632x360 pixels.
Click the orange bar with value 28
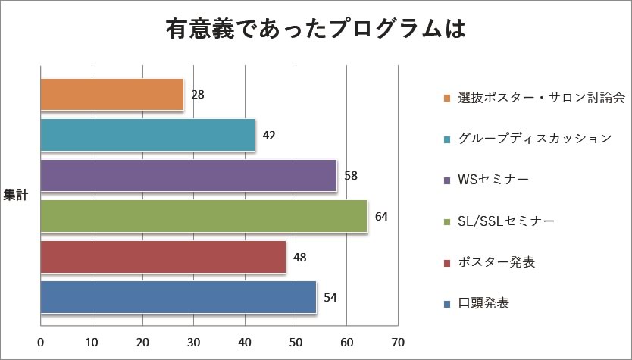[x=111, y=95]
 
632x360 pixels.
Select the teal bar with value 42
[x=147, y=136]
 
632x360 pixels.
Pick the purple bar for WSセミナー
[x=188, y=176]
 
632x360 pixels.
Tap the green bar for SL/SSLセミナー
[x=203, y=217]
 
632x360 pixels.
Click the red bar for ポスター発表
[x=162, y=257]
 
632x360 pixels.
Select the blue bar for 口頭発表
[x=178, y=297]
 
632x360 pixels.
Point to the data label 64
[x=381, y=217]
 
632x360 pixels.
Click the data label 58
[x=350, y=176]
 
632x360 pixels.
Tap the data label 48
[x=299, y=257]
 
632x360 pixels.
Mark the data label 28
[x=198, y=95]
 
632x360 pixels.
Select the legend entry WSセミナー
[x=493, y=180]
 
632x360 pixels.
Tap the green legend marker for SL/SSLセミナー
[x=448, y=221]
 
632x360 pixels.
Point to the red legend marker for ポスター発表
[x=448, y=262]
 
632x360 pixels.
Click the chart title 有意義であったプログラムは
[x=315, y=29]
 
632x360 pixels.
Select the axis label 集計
[x=15, y=195]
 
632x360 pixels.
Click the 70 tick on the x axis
[x=398, y=340]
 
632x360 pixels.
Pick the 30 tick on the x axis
[x=193, y=340]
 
